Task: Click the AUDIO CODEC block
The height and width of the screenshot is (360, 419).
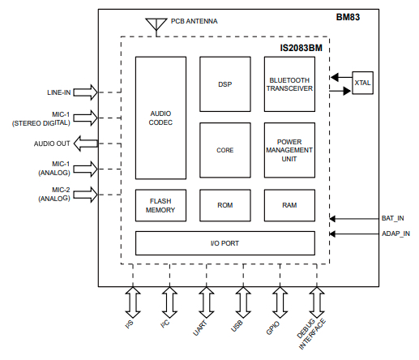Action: (160, 118)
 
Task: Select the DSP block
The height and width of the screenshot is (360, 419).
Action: (224, 84)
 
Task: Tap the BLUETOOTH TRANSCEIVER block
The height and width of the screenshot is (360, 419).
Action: (289, 84)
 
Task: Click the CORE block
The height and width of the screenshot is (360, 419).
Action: (224, 150)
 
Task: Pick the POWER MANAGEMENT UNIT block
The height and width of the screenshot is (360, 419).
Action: (289, 150)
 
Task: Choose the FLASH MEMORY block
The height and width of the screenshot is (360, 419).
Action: (160, 205)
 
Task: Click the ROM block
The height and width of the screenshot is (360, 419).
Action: (224, 205)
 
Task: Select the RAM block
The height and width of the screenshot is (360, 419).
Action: (289, 205)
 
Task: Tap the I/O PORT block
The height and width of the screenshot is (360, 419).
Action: (224, 242)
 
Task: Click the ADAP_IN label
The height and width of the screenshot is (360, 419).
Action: (395, 235)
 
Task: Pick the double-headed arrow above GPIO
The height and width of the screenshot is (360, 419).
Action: (279, 302)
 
